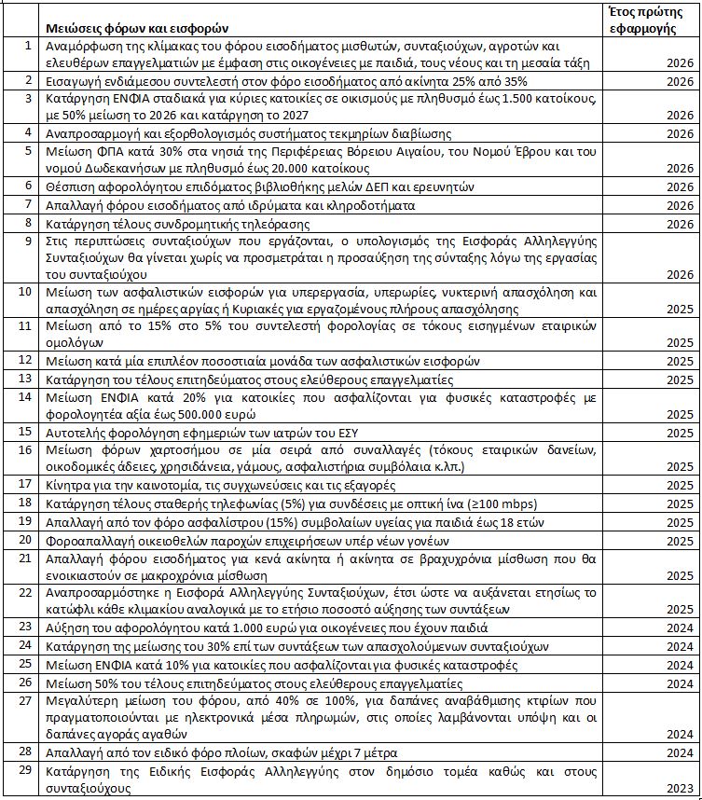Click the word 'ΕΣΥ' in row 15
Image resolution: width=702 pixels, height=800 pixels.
pos(348,433)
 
